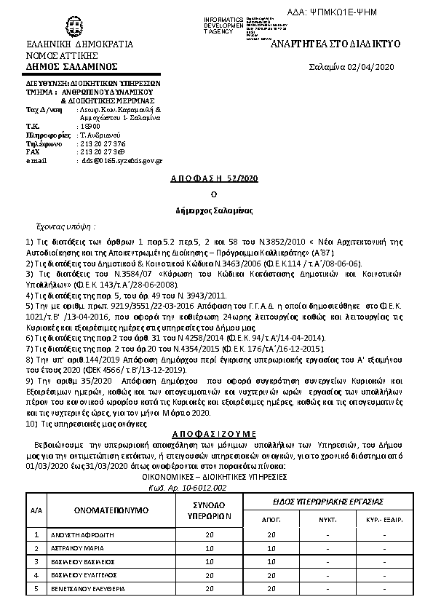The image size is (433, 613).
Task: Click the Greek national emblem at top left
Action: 72,27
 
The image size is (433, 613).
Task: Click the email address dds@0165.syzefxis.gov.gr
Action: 122,160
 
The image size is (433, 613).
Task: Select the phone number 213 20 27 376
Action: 103,143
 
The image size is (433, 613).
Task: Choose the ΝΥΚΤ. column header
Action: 327,520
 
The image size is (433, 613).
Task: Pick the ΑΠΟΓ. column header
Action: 271,520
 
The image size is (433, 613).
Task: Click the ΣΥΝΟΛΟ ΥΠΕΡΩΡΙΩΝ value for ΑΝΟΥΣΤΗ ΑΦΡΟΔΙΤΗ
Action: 210,534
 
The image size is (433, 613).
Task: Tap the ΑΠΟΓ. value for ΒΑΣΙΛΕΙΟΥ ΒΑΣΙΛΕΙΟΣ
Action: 271,561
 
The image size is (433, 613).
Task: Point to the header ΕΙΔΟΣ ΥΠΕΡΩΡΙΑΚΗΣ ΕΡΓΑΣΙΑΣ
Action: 327,502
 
